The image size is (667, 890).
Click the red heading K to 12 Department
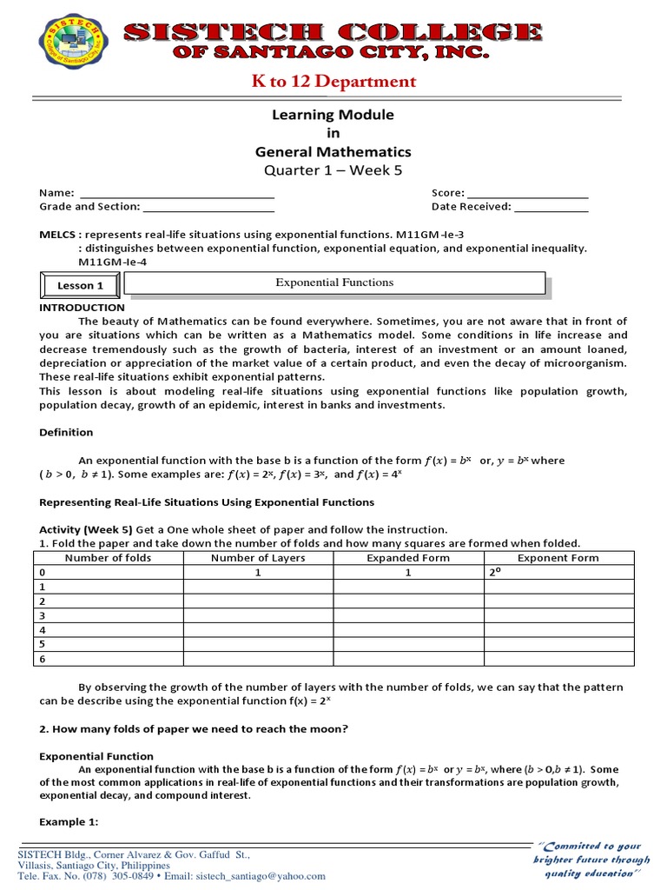(334, 82)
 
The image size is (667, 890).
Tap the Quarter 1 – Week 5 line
(333, 170)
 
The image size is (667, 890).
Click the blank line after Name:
(176, 193)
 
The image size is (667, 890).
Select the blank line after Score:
(527, 193)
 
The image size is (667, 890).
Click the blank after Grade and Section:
(208, 207)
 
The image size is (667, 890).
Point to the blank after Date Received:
(551, 207)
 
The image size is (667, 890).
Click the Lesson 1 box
(80, 285)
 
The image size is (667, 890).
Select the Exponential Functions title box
(334, 282)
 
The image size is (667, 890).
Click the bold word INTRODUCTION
(83, 308)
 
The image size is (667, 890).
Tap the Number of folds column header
(108, 558)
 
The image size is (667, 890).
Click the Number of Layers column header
(258, 558)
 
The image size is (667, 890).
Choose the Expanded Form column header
(408, 558)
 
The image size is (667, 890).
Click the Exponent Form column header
(558, 558)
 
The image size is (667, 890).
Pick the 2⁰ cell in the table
(497, 573)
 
